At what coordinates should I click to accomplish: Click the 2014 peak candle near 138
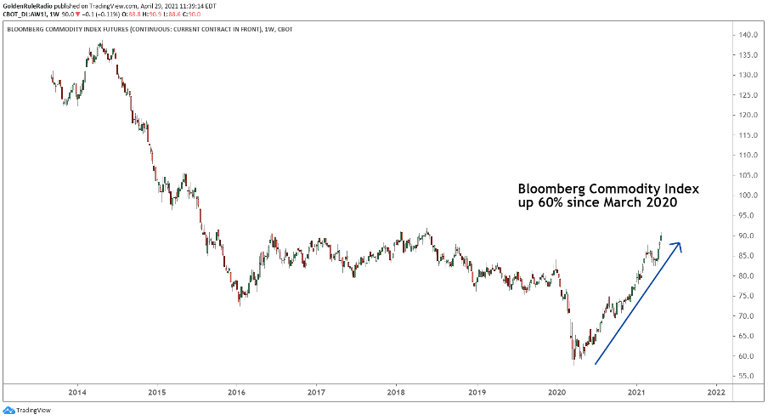click(100, 44)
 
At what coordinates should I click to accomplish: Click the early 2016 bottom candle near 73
click(240, 298)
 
